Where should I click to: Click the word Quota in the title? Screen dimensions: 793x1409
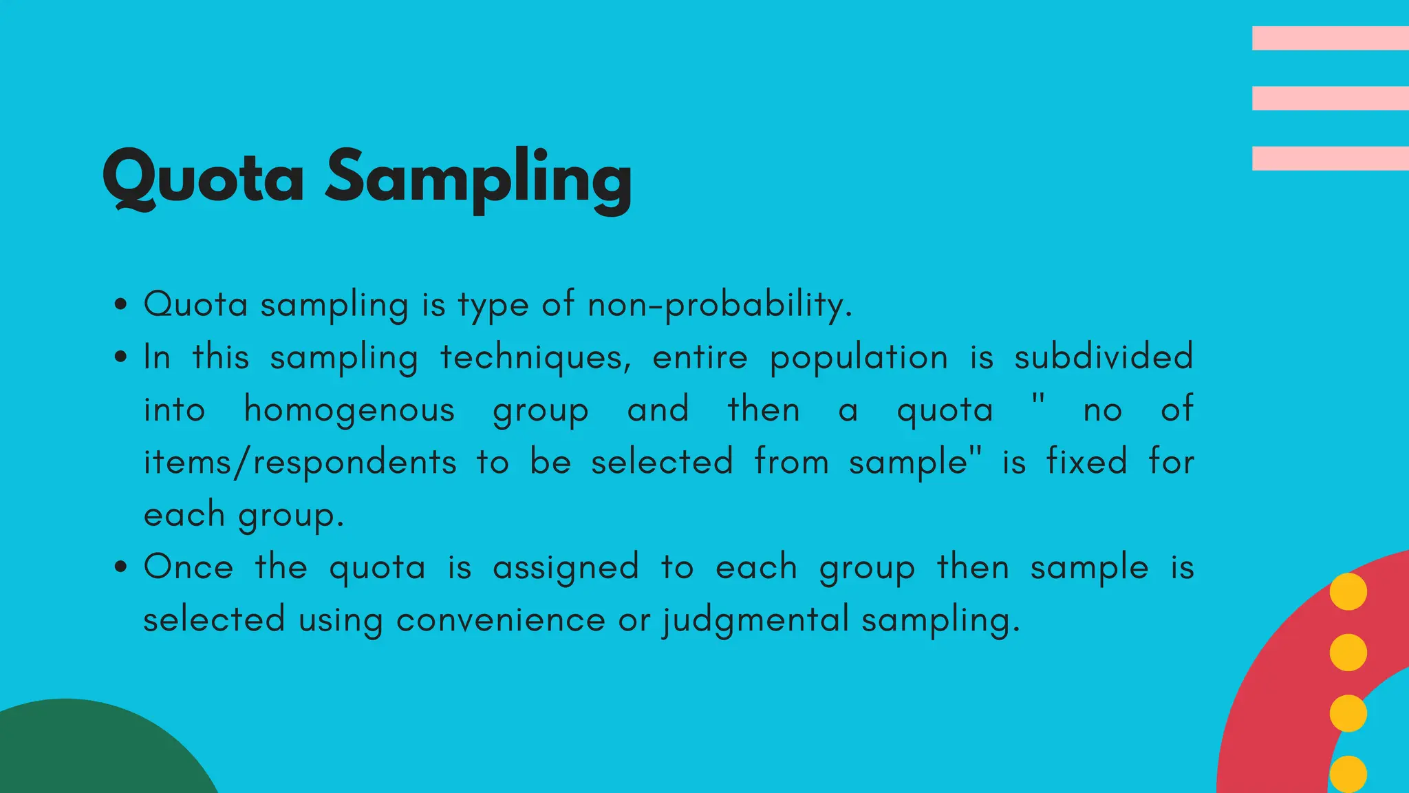[x=203, y=177]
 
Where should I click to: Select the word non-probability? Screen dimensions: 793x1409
[x=720, y=304]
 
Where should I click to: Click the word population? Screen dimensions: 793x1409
[x=859, y=357]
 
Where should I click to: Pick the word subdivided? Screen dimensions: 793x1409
[x=1104, y=357]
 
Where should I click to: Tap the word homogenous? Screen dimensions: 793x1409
[x=349, y=410]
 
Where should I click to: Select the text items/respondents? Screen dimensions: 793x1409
[x=300, y=462]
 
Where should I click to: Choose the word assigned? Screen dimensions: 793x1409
[x=566, y=569]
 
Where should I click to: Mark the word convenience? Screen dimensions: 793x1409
[x=500, y=620]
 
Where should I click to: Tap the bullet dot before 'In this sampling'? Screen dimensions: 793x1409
[x=121, y=357]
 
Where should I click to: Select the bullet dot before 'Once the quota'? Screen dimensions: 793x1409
[x=121, y=567]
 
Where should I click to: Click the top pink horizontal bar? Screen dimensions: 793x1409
[x=1330, y=38]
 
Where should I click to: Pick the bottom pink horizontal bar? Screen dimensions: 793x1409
[x=1330, y=158]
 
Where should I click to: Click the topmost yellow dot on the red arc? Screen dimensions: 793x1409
[x=1348, y=591]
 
